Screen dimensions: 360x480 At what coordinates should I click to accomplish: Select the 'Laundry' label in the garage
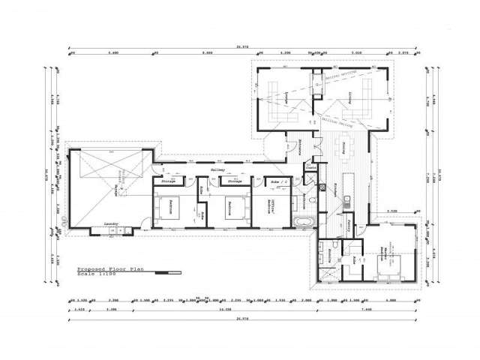(111, 223)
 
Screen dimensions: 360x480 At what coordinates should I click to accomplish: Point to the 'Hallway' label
(217, 171)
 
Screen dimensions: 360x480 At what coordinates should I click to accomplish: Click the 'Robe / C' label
(275, 182)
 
